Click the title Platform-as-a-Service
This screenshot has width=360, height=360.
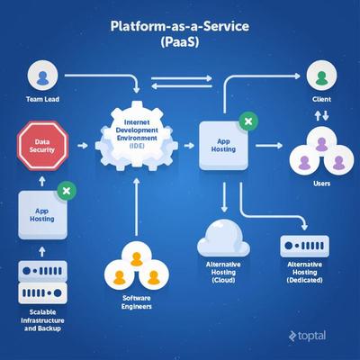[x=179, y=27]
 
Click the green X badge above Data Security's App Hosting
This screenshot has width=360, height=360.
[x=65, y=190]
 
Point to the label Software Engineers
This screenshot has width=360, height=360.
[x=131, y=303]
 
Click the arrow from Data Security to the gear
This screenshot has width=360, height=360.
[x=86, y=144]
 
